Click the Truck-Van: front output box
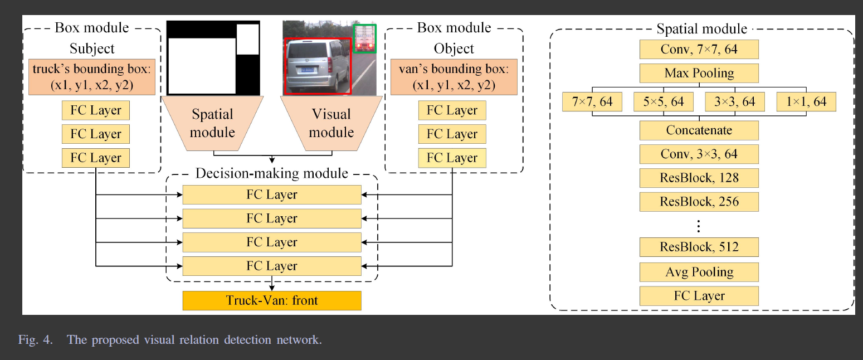272,301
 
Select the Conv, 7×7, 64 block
699,50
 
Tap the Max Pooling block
699,74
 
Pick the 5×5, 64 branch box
663,102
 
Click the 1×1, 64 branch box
806,102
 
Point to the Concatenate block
699,130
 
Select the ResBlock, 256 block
699,201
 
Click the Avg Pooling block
699,272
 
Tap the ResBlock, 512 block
699,247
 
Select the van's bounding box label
454,77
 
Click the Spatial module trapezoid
212,123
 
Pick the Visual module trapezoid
331,123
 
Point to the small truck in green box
365,38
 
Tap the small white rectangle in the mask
247,39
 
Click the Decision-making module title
272,173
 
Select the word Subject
92,48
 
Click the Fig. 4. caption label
35,339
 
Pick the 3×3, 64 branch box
735,102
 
